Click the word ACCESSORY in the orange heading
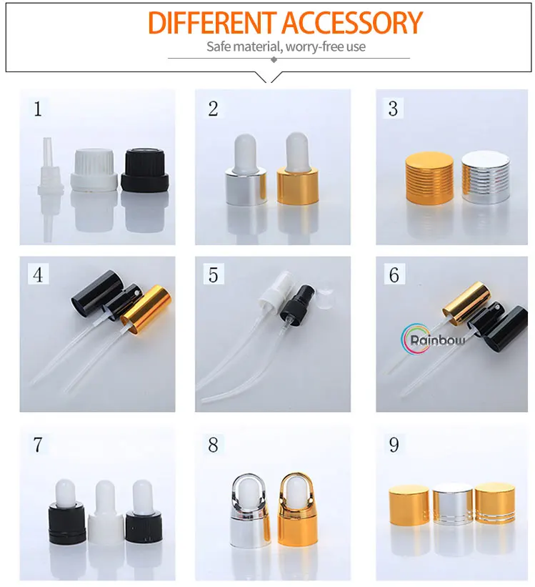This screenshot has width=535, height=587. pyautogui.click(x=351, y=23)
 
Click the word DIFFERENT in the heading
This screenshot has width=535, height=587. pyautogui.click(x=211, y=23)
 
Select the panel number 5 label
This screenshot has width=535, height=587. pyautogui.click(x=214, y=275)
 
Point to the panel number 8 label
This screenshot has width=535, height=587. pyautogui.click(x=214, y=445)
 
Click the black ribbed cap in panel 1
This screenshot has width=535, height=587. pyautogui.click(x=145, y=170)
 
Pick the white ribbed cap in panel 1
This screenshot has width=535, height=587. pyautogui.click(x=94, y=170)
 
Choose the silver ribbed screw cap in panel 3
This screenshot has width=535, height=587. pyautogui.click(x=486, y=177)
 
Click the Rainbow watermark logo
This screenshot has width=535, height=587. pyautogui.click(x=433, y=339)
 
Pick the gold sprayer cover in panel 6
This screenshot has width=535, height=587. pyautogui.click(x=466, y=302)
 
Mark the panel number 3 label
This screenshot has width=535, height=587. pyautogui.click(x=393, y=109)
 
